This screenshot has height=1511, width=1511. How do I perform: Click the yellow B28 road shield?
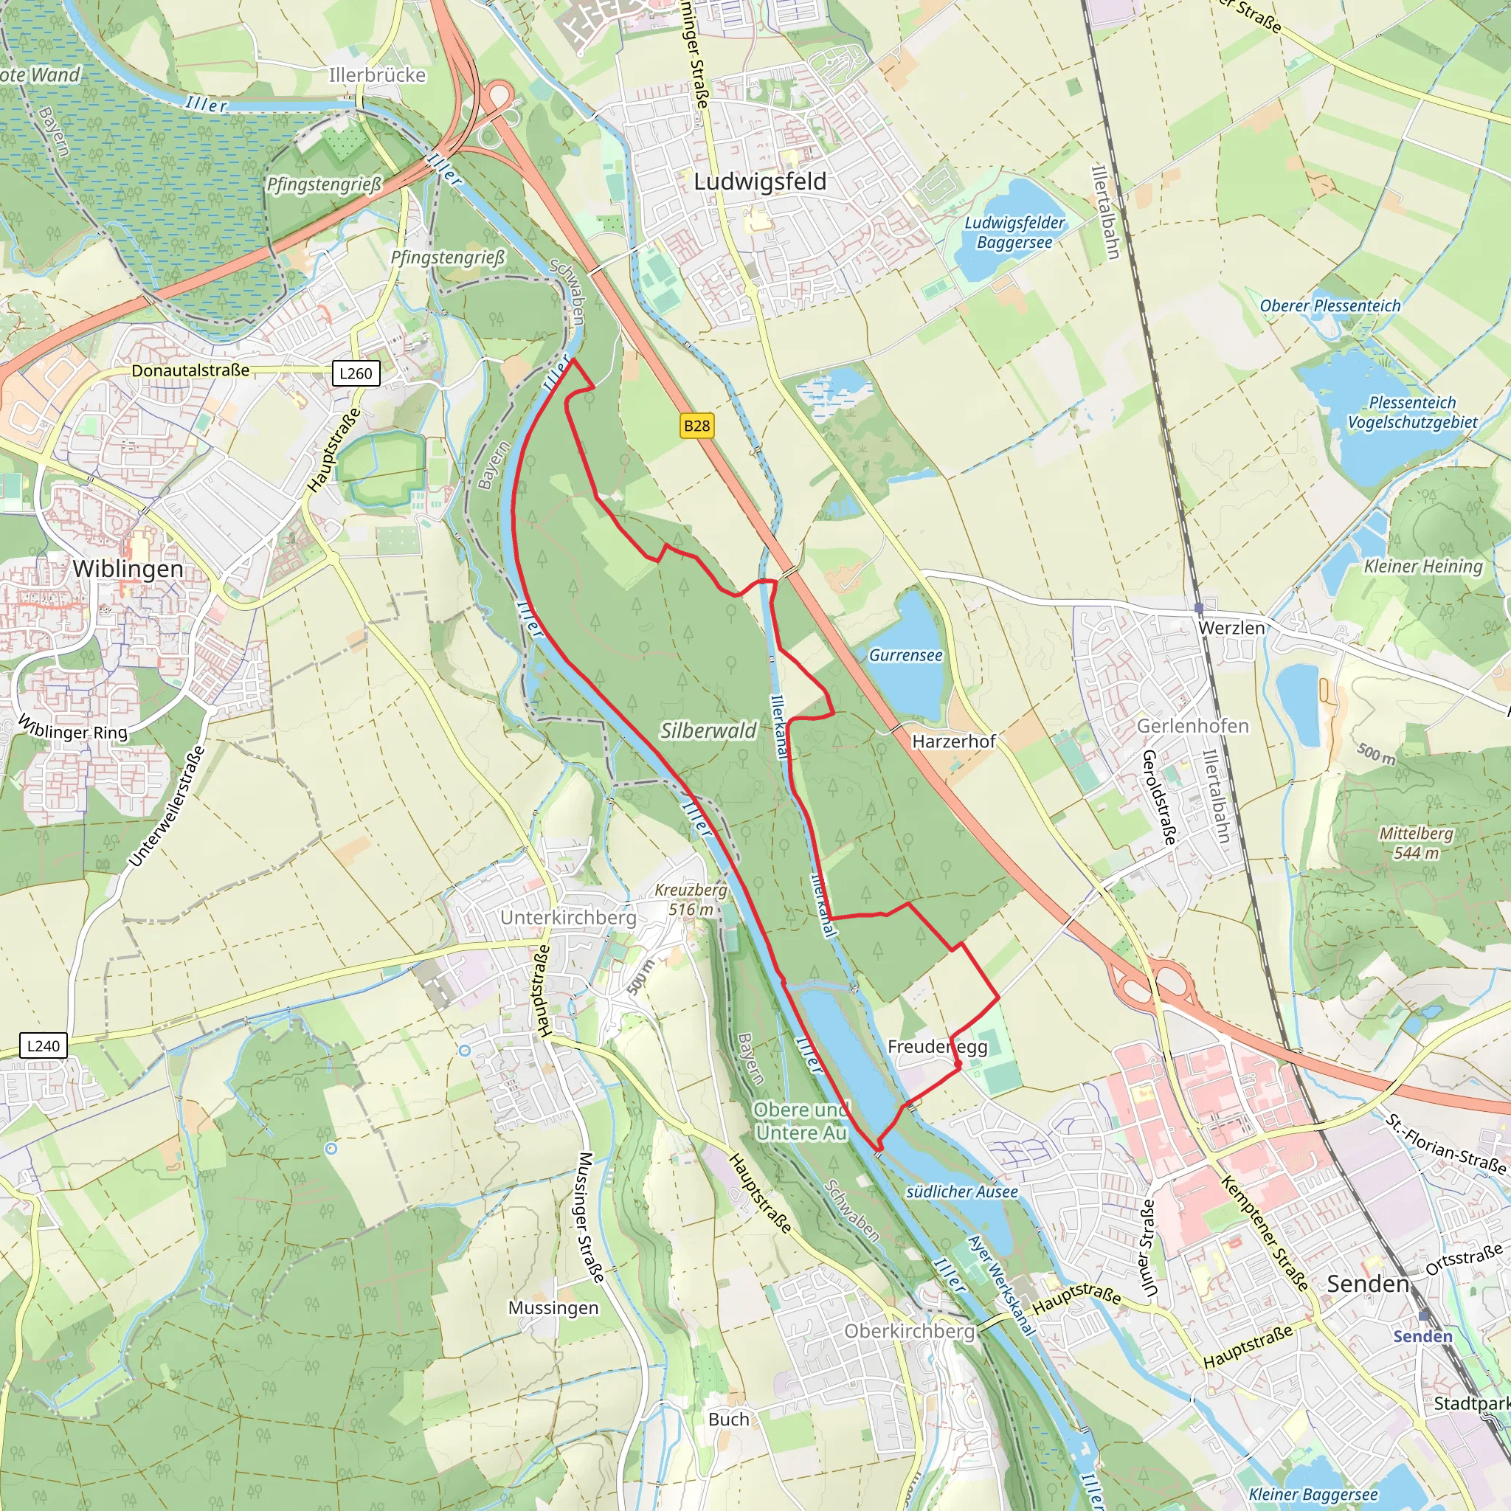tap(696, 426)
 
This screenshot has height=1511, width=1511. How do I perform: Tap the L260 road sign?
tap(356, 373)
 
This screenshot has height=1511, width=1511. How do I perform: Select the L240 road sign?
tap(43, 1045)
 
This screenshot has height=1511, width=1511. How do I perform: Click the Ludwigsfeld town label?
tap(760, 181)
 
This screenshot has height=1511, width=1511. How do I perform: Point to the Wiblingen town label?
tap(128, 569)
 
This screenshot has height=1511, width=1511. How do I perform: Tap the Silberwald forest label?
tap(708, 730)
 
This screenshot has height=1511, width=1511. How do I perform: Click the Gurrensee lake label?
tap(906, 655)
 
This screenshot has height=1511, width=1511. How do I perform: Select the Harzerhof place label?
tap(954, 741)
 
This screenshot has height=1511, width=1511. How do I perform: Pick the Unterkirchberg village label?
tap(569, 917)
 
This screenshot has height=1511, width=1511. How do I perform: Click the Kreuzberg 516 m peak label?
tap(691, 899)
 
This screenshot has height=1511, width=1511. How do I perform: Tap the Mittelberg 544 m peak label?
tap(1416, 843)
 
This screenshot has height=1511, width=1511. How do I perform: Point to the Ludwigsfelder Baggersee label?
tap(1014, 232)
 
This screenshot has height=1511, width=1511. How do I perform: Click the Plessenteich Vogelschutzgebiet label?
tap(1412, 412)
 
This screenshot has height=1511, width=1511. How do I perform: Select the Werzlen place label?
tap(1232, 628)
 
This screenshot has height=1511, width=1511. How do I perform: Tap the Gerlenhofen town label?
tap(1193, 726)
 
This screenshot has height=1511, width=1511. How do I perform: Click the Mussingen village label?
tap(554, 1307)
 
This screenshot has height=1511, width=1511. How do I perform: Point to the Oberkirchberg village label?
tap(910, 1331)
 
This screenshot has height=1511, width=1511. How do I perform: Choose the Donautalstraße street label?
tap(190, 370)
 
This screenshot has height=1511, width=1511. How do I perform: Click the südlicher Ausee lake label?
tap(962, 1192)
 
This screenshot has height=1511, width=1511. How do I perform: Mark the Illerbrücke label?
tap(377, 75)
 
